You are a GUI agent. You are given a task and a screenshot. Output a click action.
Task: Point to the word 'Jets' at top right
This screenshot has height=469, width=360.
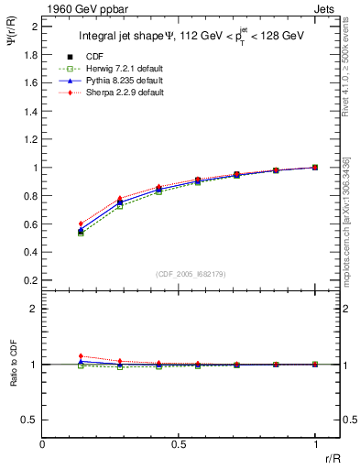(x=327, y=7)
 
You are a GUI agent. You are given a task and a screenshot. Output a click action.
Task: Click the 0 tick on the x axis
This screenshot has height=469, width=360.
(x=42, y=444)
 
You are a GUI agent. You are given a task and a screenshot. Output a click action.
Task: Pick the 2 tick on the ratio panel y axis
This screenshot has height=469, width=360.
(x=34, y=310)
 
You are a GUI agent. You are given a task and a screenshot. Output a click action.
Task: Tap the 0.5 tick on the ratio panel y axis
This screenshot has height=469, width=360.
(x=30, y=420)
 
